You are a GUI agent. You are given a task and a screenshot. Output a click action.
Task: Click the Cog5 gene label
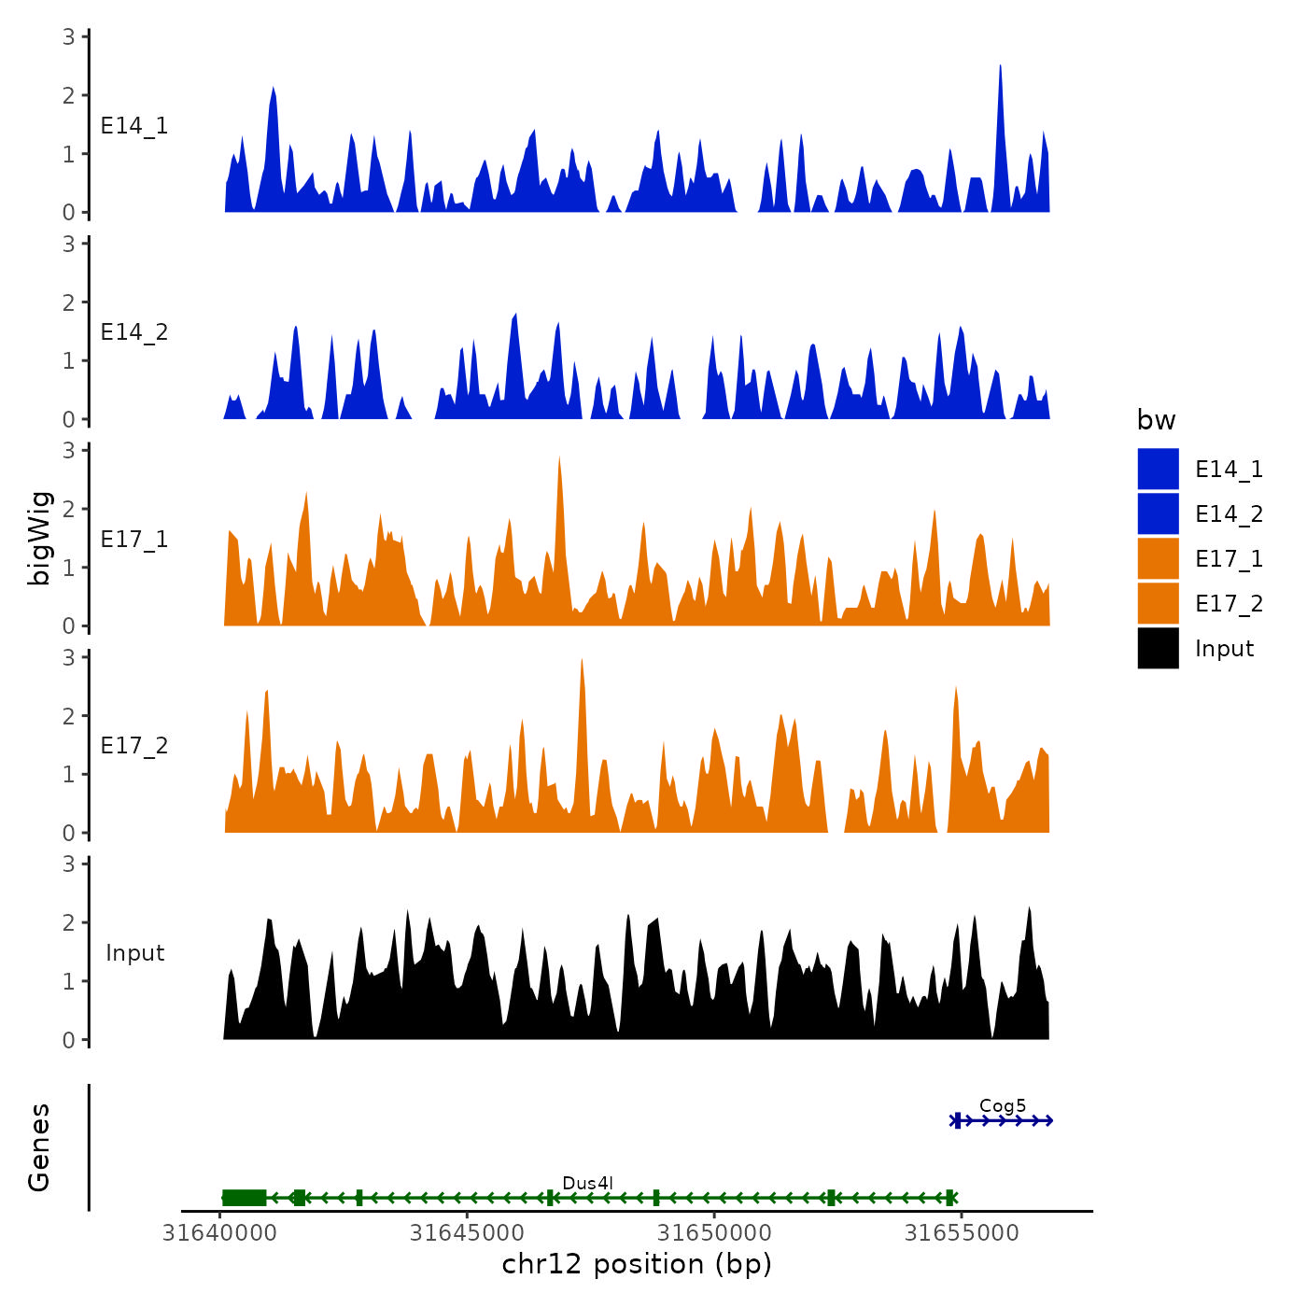point(1002,1105)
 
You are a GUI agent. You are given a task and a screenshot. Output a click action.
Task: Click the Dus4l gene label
point(587,1183)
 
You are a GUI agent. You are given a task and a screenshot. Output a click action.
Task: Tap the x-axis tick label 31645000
point(467,1233)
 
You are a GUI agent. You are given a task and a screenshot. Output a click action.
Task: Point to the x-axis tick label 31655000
point(962,1233)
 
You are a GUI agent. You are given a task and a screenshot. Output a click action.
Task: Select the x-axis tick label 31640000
point(219,1233)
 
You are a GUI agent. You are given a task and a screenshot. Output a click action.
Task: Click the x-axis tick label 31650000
point(714,1233)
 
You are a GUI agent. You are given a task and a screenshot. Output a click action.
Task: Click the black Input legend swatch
point(1158,648)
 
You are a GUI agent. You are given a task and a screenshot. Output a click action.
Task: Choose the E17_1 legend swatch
point(1158,558)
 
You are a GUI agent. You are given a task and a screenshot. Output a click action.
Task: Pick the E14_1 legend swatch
point(1158,469)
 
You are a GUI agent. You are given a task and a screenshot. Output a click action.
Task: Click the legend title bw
point(1156,420)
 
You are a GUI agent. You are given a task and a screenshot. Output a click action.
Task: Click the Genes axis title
point(39,1147)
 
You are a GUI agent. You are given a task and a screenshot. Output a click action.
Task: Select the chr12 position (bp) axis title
point(637,1264)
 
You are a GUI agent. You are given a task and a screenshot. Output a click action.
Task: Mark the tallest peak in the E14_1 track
point(1000,67)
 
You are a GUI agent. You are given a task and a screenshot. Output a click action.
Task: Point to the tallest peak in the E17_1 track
point(559,458)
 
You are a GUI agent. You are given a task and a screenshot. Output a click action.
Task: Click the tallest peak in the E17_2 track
point(582,661)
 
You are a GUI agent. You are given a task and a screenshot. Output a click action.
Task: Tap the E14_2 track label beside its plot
point(134,332)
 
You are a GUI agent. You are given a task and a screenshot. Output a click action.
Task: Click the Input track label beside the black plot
point(134,952)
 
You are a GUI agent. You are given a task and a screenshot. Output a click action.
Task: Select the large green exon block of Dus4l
point(245,1198)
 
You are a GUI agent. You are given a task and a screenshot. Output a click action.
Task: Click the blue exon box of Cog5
point(958,1120)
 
